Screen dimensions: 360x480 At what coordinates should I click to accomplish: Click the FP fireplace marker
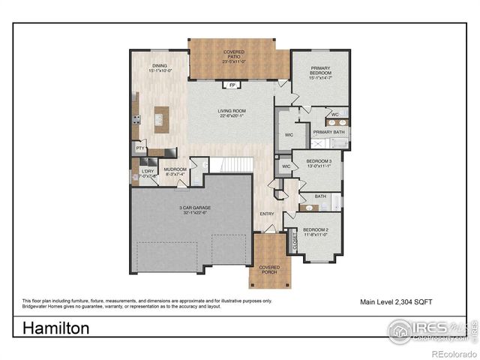(x=232, y=85)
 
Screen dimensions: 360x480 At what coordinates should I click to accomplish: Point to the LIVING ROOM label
(x=233, y=113)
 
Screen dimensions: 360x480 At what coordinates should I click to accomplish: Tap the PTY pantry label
(x=140, y=148)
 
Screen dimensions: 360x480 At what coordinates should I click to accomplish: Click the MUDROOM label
(x=175, y=172)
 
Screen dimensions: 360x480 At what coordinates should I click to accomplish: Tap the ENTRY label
(x=266, y=214)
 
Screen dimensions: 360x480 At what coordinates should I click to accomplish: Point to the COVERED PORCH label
(x=269, y=269)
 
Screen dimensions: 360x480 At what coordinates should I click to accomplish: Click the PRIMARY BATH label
(x=328, y=132)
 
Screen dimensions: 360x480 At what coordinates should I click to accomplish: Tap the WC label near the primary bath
(x=335, y=114)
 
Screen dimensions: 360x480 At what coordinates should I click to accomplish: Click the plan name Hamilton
(x=56, y=328)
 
